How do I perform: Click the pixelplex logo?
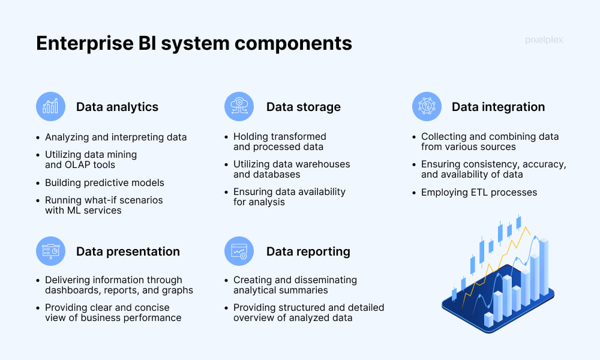click(x=544, y=40)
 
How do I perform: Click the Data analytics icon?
click(x=50, y=106)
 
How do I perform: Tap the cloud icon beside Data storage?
click(x=239, y=106)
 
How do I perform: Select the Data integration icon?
click(x=427, y=106)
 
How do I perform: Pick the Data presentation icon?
click(x=50, y=251)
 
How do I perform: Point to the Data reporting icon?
click(x=239, y=251)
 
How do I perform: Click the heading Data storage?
click(x=304, y=107)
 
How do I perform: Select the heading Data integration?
click(x=498, y=107)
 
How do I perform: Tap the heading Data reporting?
click(x=308, y=252)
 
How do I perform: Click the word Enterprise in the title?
click(x=85, y=43)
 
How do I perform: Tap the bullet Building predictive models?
click(x=104, y=183)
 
